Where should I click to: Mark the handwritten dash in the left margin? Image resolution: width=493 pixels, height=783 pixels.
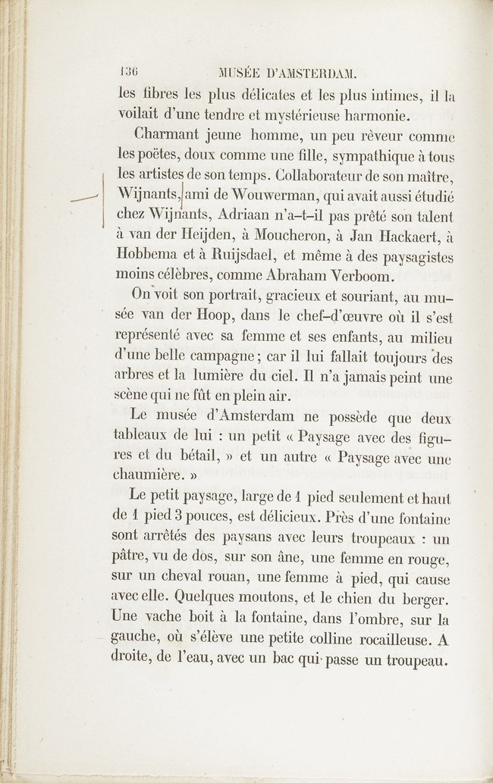pos(84,199)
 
